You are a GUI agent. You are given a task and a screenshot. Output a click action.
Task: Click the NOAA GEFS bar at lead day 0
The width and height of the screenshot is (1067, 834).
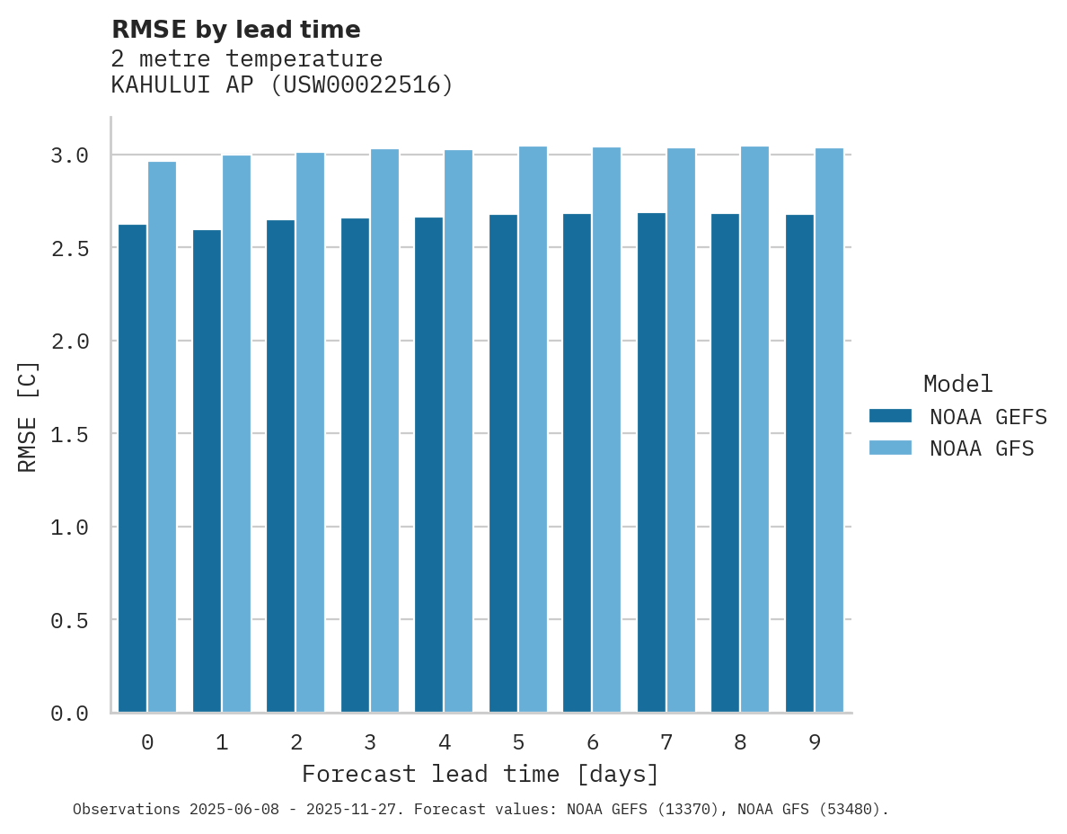click(x=132, y=467)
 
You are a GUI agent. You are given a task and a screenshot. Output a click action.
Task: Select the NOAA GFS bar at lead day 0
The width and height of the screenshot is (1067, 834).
click(x=162, y=436)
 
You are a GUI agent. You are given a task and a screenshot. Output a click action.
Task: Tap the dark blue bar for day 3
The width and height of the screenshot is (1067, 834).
click(x=355, y=465)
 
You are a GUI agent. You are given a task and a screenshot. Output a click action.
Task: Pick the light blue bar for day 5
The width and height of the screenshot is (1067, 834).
click(x=533, y=429)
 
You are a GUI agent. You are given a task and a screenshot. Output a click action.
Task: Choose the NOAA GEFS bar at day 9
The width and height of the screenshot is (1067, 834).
click(x=799, y=463)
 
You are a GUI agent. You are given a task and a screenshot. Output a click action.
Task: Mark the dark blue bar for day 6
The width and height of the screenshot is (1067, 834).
click(x=577, y=463)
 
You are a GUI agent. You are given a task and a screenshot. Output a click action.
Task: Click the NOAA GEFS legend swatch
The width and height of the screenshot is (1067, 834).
click(x=890, y=416)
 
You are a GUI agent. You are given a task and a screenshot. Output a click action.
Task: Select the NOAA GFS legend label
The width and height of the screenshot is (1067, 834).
click(x=982, y=448)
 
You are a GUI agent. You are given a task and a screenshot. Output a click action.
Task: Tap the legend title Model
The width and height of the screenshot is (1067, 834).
click(x=958, y=384)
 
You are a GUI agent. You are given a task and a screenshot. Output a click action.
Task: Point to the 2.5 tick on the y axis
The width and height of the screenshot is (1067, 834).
click(x=70, y=248)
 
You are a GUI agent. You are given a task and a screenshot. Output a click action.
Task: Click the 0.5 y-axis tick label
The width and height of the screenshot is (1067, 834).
click(x=70, y=620)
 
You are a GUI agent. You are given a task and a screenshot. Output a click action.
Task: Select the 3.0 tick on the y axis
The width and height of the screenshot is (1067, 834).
click(x=70, y=155)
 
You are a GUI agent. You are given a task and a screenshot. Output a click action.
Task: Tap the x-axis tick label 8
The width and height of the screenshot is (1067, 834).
click(x=740, y=742)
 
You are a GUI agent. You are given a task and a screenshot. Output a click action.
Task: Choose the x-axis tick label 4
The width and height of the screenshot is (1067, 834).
click(x=444, y=742)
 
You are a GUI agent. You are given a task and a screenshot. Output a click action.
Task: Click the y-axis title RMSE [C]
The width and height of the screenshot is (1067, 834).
click(x=28, y=416)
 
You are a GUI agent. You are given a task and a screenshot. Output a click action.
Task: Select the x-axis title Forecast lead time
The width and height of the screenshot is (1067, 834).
click(x=481, y=774)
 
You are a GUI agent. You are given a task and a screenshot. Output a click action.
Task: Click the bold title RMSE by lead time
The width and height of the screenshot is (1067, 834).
click(x=235, y=30)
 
